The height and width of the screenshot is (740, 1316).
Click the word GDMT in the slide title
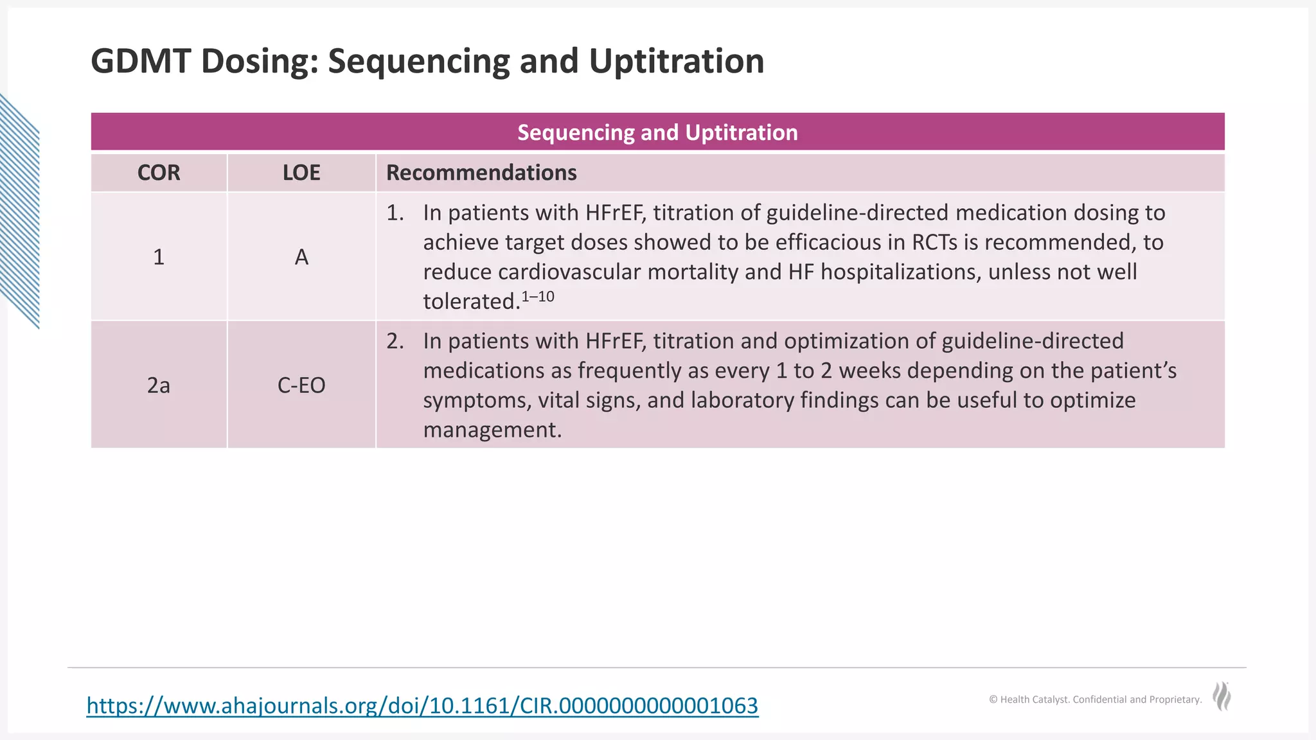tap(141, 62)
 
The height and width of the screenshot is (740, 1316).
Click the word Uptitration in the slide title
tap(676, 62)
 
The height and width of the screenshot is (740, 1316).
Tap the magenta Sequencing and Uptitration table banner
tap(657, 132)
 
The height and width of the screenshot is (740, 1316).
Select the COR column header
tap(159, 173)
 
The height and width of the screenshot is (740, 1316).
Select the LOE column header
tap(301, 173)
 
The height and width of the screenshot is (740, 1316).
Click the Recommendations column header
tap(481, 173)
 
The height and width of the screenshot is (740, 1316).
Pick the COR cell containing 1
tap(159, 257)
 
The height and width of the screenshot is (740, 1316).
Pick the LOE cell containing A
tap(301, 257)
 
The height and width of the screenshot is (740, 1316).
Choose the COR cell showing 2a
tap(159, 385)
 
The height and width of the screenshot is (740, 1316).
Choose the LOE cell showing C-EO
tap(301, 385)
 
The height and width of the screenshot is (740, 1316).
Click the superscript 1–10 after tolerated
tap(538, 297)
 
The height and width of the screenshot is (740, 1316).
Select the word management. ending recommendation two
tap(492, 430)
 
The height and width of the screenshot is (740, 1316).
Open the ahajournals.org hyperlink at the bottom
tap(422, 705)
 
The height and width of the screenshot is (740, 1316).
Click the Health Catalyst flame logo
tap(1222, 696)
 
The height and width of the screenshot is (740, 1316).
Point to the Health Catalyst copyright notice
tap(1095, 700)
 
